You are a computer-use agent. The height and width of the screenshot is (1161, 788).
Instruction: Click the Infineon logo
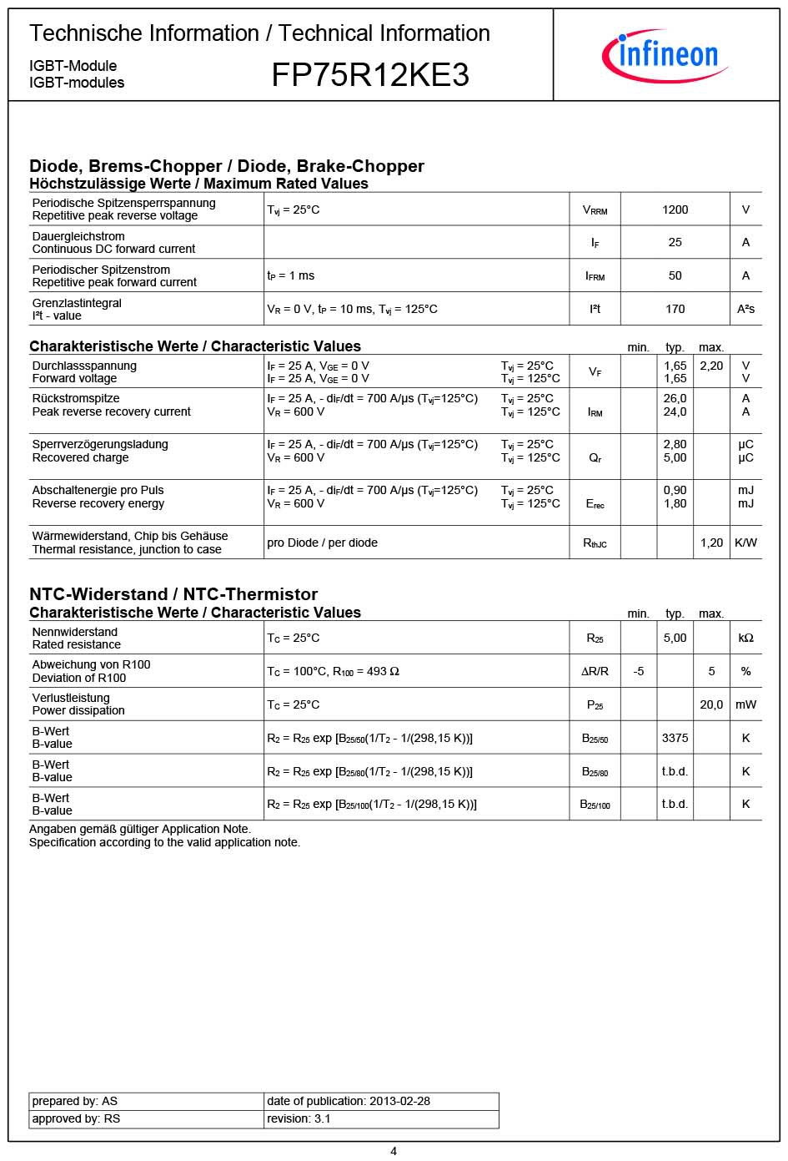[665, 55]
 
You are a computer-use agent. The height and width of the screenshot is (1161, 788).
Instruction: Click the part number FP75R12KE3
[370, 76]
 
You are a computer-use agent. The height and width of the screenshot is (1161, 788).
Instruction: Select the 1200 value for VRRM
[675, 209]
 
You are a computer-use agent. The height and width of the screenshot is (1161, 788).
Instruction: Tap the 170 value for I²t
[675, 309]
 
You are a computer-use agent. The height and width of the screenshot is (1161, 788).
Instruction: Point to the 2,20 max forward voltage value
[710, 366]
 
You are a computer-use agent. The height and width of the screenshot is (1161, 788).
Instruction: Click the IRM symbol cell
[595, 411]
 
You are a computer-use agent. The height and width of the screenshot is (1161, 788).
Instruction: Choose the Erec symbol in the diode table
[595, 504]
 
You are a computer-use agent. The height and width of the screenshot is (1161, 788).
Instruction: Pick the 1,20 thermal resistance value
[710, 543]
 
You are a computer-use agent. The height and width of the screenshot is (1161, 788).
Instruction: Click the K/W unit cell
[745, 543]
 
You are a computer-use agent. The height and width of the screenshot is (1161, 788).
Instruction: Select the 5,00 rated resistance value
[675, 638]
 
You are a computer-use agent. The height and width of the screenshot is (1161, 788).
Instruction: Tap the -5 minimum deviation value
[638, 671]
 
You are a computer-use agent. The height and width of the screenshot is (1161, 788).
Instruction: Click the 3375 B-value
[675, 738]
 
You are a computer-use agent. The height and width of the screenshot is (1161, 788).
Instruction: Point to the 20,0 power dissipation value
[710, 704]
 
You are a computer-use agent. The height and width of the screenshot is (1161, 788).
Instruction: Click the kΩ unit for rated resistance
[745, 638]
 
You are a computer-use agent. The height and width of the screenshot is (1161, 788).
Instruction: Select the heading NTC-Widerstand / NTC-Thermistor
[173, 594]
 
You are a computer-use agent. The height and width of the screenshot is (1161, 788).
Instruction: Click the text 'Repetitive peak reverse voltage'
[115, 215]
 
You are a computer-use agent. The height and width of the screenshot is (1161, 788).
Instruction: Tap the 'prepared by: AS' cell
[75, 1101]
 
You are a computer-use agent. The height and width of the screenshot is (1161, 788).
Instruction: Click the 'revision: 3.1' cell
[299, 1118]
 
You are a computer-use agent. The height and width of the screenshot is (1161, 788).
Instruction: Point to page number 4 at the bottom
[394, 1151]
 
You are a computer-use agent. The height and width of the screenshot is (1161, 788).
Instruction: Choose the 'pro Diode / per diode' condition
[322, 543]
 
